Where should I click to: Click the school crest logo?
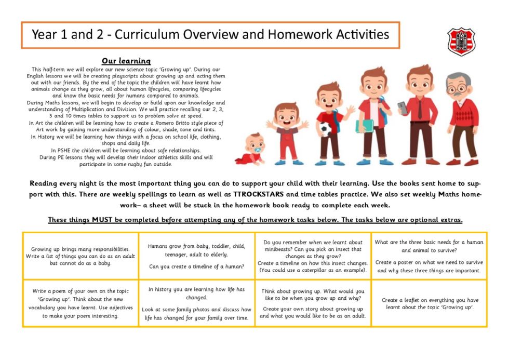(460, 41)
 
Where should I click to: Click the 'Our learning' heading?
(126, 61)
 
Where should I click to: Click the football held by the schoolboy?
(326, 128)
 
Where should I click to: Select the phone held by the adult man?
(402, 107)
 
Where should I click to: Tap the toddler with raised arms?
(286, 132)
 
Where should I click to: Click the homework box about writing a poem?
(81, 303)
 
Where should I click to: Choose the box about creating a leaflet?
(429, 303)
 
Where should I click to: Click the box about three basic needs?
(429, 256)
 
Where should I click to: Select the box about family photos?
(196, 303)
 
